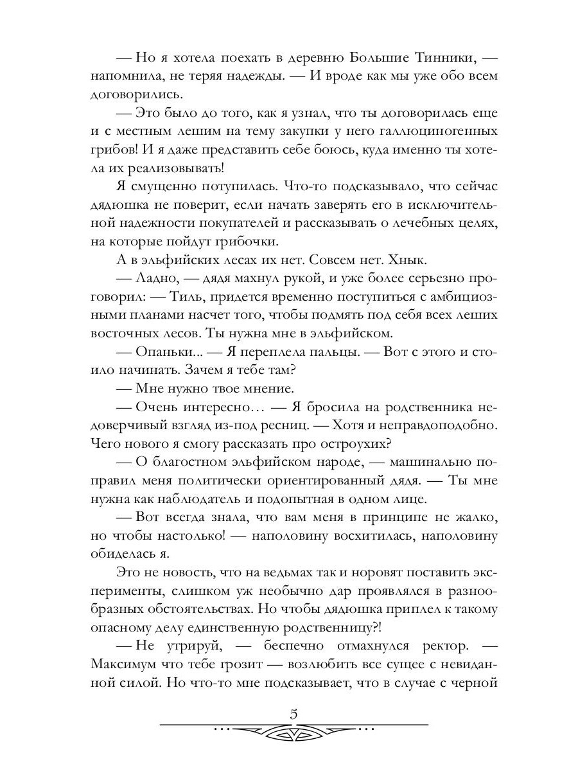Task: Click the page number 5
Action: point(293,714)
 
